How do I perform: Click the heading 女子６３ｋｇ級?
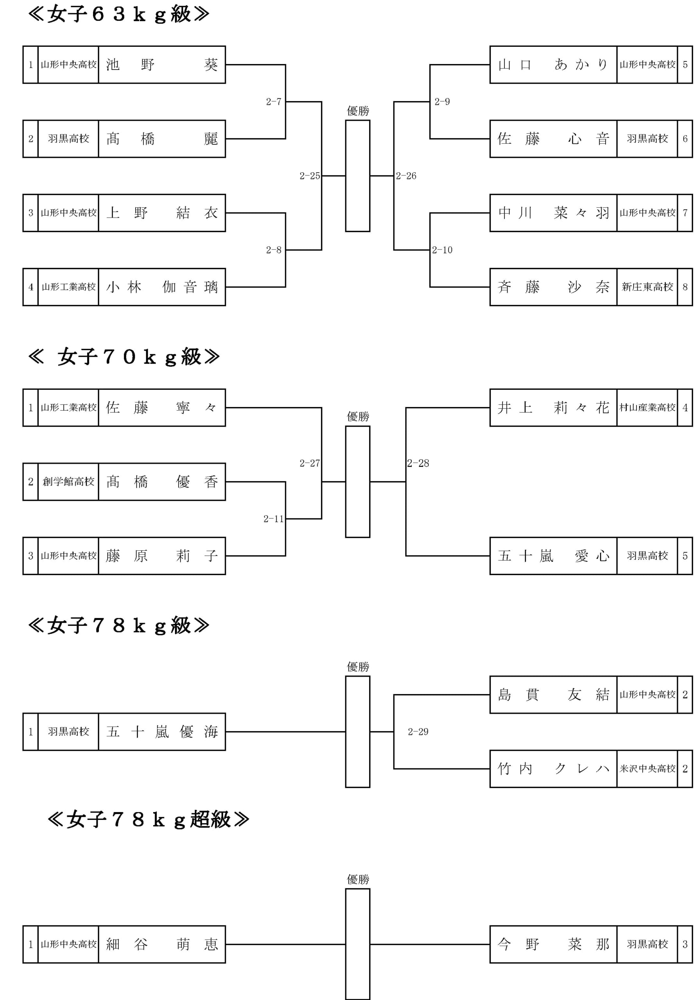[x=118, y=14]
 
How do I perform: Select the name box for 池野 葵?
[x=162, y=64]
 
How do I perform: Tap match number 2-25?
[x=309, y=176]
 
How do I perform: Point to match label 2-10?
[x=442, y=250]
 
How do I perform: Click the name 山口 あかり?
[x=553, y=64]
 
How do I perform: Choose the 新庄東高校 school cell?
[x=647, y=287]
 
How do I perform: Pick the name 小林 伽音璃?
[x=162, y=287]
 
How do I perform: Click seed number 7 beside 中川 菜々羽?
[x=685, y=213]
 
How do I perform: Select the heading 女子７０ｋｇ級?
[x=124, y=357]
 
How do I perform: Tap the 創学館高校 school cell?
[x=68, y=482]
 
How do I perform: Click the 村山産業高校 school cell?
[x=647, y=408]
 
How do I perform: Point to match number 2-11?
[x=273, y=519]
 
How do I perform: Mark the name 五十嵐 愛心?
[x=553, y=556]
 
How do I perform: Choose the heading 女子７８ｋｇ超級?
[x=148, y=819]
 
